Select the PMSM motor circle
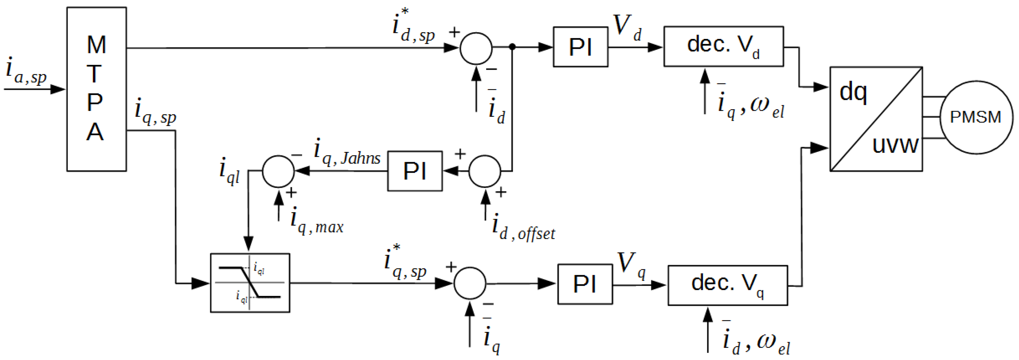pyautogui.click(x=976, y=117)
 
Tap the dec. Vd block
pyautogui.click(x=723, y=46)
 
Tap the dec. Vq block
pyautogui.click(x=727, y=285)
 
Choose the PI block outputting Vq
pyautogui.click(x=585, y=284)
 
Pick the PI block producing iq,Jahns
pyautogui.click(x=414, y=171)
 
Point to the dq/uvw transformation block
pyautogui.click(x=876, y=119)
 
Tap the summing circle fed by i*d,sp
pyautogui.click(x=476, y=48)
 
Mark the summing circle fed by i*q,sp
pyautogui.click(x=470, y=283)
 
